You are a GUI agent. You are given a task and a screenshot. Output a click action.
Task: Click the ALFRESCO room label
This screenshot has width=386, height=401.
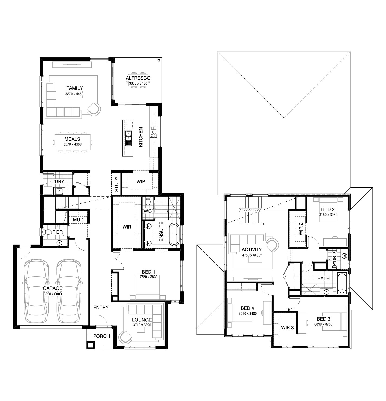click(x=138, y=78)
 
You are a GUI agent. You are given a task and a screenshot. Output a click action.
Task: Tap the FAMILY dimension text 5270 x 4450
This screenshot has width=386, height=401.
click(x=74, y=94)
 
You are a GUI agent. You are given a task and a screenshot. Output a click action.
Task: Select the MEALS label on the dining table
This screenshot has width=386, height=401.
click(x=72, y=139)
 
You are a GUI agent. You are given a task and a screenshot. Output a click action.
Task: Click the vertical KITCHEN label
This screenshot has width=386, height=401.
click(x=141, y=137)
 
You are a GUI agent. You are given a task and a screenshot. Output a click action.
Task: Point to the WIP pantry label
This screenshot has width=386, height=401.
click(x=141, y=182)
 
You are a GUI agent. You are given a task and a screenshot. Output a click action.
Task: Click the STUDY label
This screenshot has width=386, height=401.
click(x=116, y=184)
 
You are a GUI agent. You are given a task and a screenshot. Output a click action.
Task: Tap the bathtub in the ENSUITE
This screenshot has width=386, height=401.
click(x=174, y=234)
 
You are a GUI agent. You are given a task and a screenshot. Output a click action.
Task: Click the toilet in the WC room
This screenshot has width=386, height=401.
click(x=148, y=201)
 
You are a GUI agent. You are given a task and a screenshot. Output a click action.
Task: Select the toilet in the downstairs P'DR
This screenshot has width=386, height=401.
click(x=47, y=232)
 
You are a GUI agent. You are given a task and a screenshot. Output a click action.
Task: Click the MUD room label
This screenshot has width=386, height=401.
click(x=78, y=220)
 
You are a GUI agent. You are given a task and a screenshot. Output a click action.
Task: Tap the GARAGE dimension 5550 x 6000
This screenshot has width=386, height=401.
click(x=53, y=294)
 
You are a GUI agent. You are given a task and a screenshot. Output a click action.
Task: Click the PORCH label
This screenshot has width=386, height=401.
click(x=102, y=336)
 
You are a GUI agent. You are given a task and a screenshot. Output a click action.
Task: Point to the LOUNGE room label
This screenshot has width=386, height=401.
click(x=142, y=320)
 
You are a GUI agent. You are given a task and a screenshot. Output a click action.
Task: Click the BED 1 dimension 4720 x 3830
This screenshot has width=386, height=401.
click(x=149, y=277)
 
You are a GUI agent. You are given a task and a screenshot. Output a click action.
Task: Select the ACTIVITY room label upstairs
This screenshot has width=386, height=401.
click(x=252, y=249)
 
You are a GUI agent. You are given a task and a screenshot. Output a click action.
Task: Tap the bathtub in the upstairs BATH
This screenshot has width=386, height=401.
click(x=342, y=283)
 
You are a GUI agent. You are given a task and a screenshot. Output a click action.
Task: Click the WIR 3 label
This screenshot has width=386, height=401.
click(x=287, y=328)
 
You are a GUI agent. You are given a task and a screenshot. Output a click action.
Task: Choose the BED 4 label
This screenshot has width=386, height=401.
click(x=247, y=308)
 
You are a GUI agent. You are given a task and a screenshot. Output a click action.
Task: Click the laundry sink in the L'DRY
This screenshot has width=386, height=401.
click(x=59, y=191)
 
